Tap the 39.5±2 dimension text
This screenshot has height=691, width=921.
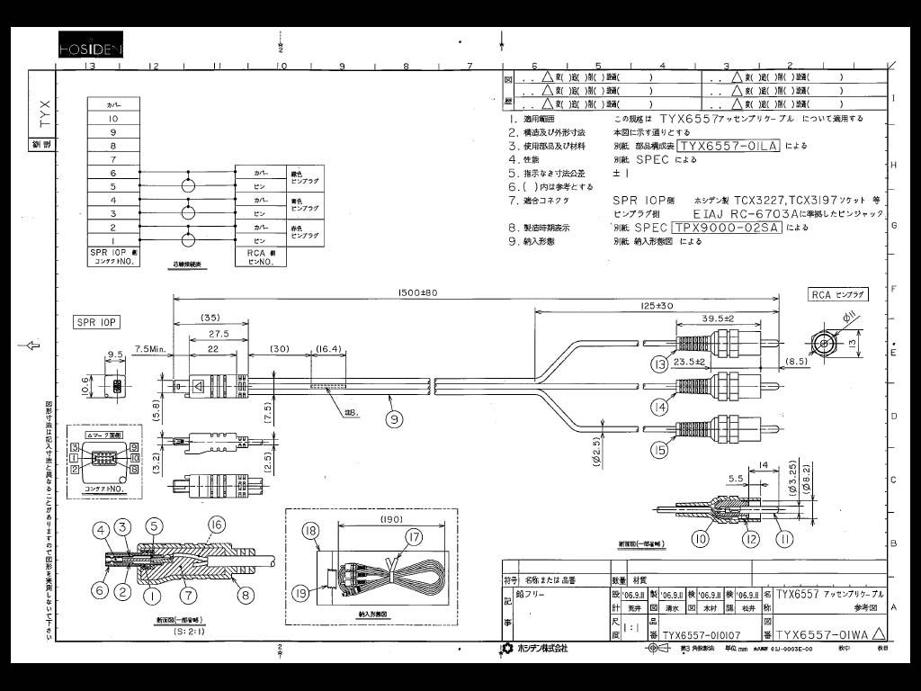[x=718, y=319]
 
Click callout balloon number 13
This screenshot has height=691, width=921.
[x=661, y=363]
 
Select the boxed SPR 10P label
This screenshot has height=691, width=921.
[x=97, y=322]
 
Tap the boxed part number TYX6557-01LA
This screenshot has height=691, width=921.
[x=729, y=146]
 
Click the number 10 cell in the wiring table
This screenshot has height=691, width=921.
[x=113, y=118]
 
